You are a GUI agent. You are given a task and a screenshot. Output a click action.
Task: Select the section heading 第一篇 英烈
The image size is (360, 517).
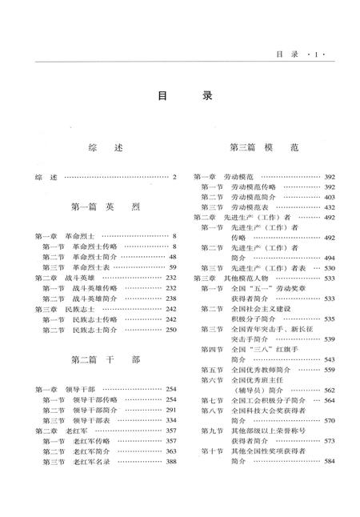[105, 206]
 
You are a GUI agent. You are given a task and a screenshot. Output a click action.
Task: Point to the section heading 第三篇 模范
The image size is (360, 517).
[264, 148]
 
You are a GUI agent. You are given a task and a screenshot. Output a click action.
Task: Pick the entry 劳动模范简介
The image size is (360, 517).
[254, 197]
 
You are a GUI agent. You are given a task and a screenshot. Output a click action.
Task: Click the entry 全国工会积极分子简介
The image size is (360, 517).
[263, 400]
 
